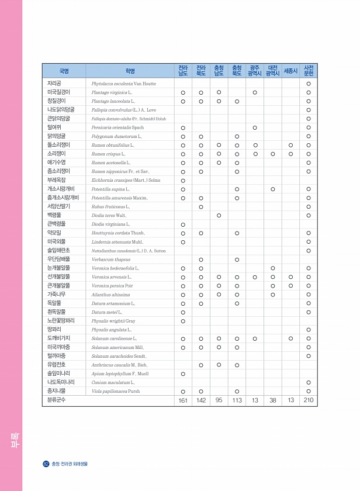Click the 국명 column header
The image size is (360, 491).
[64, 71]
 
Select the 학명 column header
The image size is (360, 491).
[130, 71]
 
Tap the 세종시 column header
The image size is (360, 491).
[290, 71]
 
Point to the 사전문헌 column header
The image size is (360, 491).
[308, 71]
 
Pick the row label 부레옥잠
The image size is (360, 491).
[56, 180]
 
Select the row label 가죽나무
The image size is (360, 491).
[56, 294]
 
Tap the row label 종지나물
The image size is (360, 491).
[56, 390]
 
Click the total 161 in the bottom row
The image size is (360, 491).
[183, 400]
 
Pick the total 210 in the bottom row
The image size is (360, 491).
[308, 400]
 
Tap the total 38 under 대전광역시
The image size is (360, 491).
[272, 400]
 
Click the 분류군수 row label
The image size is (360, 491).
[58, 400]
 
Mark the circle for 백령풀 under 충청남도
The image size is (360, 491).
[219, 215]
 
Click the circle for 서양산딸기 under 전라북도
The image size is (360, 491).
[200, 206]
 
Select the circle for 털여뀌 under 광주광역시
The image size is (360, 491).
[255, 127]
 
